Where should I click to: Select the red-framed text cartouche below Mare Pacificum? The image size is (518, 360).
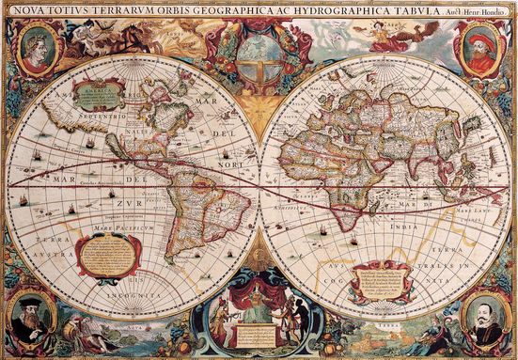[108, 254]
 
